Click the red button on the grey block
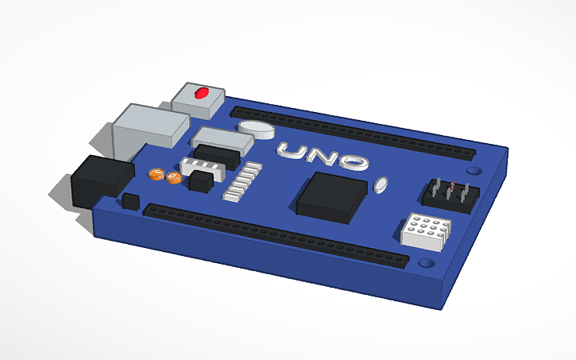200,93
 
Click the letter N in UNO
323,157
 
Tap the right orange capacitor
173,177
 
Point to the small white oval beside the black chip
381,185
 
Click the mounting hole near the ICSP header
474,170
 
